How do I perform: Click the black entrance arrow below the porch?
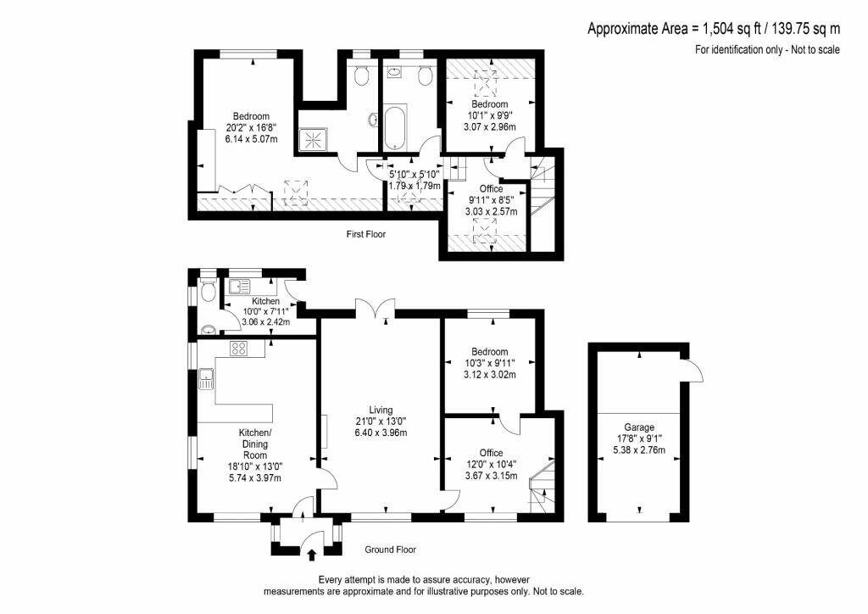[310, 555]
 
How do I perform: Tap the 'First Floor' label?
[366, 234]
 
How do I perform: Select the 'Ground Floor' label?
[390, 550]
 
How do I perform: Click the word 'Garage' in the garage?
[640, 427]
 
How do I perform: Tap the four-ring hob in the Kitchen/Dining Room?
[236, 348]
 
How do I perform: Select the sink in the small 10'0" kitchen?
[239, 286]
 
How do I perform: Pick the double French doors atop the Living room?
[376, 309]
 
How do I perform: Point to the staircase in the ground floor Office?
[541, 494]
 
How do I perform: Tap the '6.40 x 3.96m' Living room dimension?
[381, 433]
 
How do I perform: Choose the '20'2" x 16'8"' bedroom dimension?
[252, 128]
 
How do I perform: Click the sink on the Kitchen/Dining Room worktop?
[206, 378]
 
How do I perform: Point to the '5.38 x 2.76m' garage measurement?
[640, 449]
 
